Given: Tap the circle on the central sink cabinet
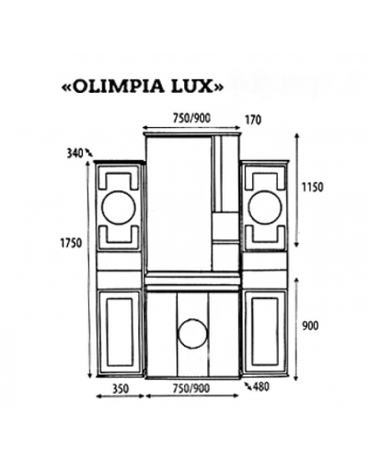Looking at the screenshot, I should pyautogui.click(x=192, y=334).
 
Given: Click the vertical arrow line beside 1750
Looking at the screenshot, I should pyautogui.click(x=90, y=267).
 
